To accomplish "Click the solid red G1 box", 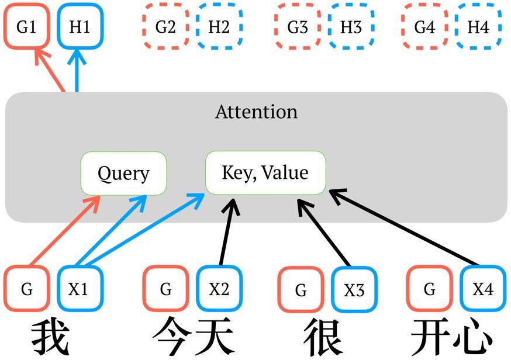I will (x=26, y=27).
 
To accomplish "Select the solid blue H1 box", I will (x=80, y=27).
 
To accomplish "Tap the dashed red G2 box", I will (x=165, y=27).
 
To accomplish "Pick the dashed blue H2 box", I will (x=219, y=27).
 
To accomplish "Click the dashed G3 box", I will (x=298, y=27).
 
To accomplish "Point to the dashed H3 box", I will (x=351, y=27).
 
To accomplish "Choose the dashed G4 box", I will (x=424, y=27).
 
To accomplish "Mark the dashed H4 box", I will (x=479, y=27).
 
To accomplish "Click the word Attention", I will (x=256, y=112).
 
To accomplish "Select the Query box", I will (x=123, y=174).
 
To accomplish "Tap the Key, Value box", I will (x=265, y=173).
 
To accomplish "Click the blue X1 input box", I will (x=80, y=289).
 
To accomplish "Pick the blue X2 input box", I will (x=219, y=289).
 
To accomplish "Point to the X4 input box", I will (x=483, y=289).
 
